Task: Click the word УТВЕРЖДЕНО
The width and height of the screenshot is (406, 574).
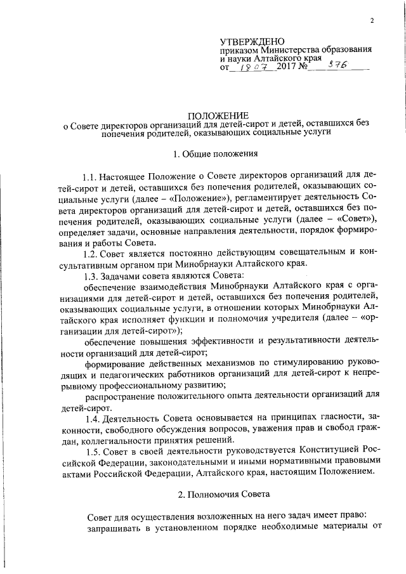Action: (x=253, y=41)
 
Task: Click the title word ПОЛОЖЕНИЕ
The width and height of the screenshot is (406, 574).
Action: (x=214, y=116)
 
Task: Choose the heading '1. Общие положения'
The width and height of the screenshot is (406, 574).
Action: (x=214, y=154)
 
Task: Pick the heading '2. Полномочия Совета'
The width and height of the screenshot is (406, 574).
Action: (x=214, y=493)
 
